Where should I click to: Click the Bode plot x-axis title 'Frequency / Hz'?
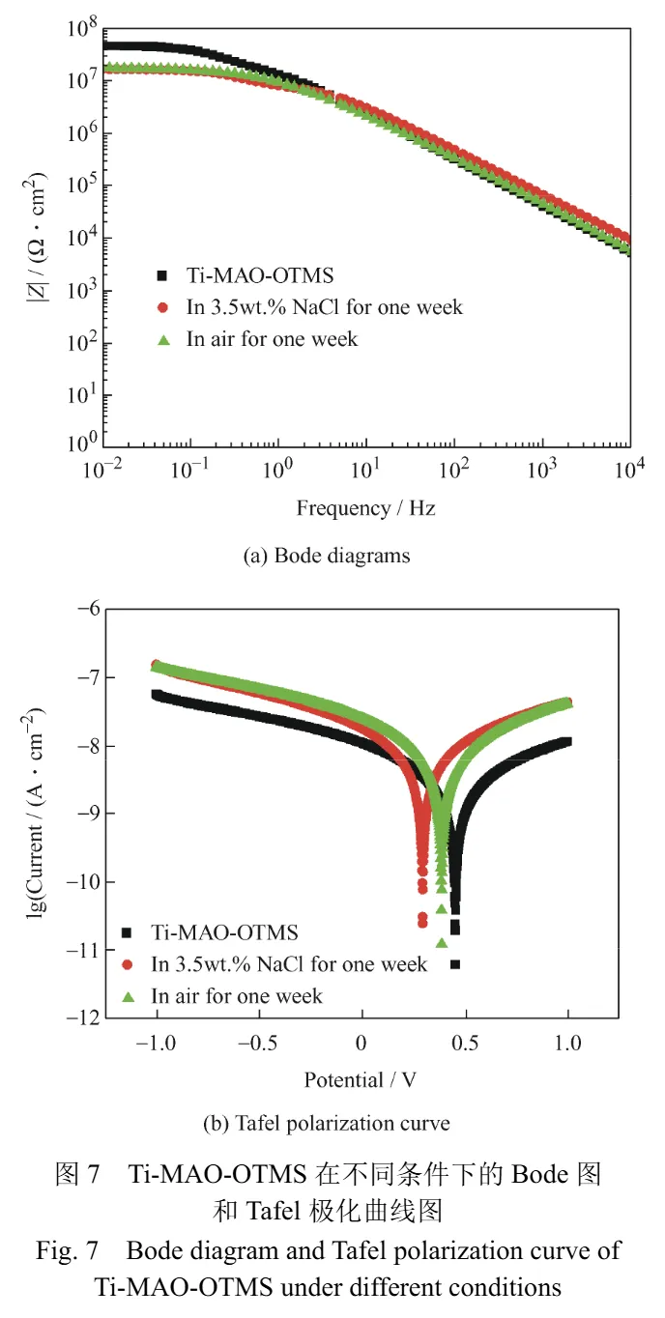[x=365, y=507]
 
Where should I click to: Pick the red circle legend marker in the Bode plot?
[x=164, y=308]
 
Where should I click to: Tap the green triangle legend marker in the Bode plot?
[x=164, y=339]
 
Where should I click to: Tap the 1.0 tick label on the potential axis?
[x=568, y=1044]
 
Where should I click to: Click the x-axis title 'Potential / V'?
[x=361, y=1079]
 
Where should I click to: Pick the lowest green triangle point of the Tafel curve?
[x=442, y=943]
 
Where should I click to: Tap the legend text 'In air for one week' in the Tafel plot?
[x=237, y=995]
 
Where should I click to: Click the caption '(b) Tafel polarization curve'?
[x=326, y=1124]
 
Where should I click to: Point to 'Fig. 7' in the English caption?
[x=68, y=1251]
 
